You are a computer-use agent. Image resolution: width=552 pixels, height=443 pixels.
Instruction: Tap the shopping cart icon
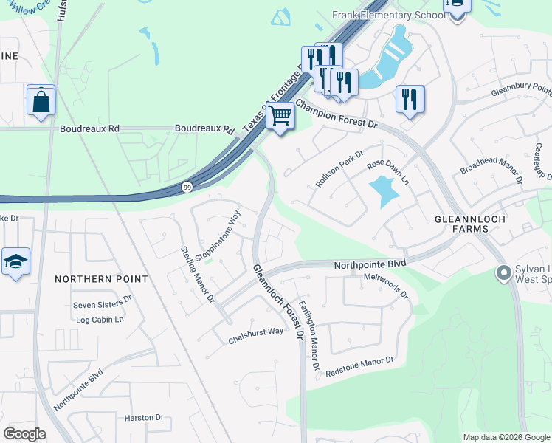coord(280,117)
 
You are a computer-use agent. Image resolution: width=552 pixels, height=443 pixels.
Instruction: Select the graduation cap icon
coord(15,262)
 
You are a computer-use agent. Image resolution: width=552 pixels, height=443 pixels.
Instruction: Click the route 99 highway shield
coord(187,188)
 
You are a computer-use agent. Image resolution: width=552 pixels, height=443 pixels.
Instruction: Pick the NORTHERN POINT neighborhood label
coord(101,279)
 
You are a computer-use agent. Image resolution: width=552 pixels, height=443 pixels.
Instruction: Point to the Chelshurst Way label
coord(255,331)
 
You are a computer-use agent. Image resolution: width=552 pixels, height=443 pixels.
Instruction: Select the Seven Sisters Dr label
coord(102,303)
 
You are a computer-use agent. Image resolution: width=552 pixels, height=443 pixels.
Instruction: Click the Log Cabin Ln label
coord(100,320)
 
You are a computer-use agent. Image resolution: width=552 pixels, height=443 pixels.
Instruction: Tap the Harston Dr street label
coord(144,417)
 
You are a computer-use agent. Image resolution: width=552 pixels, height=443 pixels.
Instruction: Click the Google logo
coord(24,434)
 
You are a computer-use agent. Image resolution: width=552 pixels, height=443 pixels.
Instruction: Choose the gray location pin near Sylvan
coord(504,274)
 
